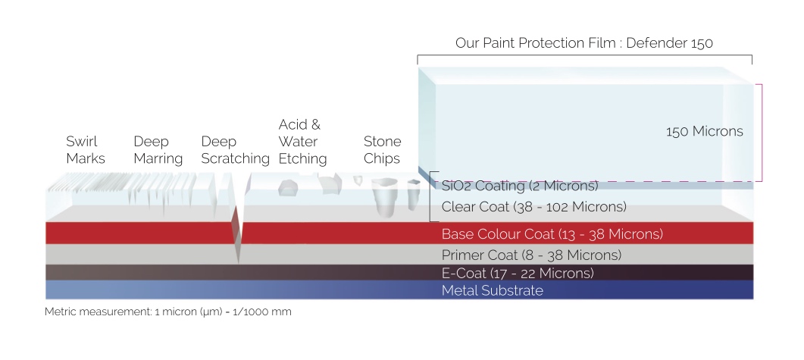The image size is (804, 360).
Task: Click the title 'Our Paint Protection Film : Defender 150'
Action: point(584,42)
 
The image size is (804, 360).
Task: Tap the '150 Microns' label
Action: point(705,131)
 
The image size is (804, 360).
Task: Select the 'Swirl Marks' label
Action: point(86,150)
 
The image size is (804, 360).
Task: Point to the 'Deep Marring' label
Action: point(158,150)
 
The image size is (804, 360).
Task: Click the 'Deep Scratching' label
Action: point(236,150)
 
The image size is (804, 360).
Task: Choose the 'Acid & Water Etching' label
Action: point(302,142)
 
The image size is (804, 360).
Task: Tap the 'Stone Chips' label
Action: point(383,150)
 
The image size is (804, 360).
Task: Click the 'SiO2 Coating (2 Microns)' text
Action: point(520,186)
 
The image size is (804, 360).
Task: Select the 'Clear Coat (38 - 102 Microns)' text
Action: point(533,207)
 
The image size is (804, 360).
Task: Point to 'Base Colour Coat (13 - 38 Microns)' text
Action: point(552,234)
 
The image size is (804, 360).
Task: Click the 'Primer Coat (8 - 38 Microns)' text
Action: point(531,255)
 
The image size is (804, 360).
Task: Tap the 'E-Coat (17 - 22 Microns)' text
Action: point(518,273)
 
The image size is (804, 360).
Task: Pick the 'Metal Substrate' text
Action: point(493,290)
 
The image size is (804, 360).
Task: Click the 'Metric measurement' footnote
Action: point(167,311)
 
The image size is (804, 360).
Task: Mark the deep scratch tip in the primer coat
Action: point(238,263)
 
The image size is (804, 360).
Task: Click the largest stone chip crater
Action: point(384,196)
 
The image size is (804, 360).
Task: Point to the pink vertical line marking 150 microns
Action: point(762,133)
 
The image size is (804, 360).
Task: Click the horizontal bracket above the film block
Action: point(584,55)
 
